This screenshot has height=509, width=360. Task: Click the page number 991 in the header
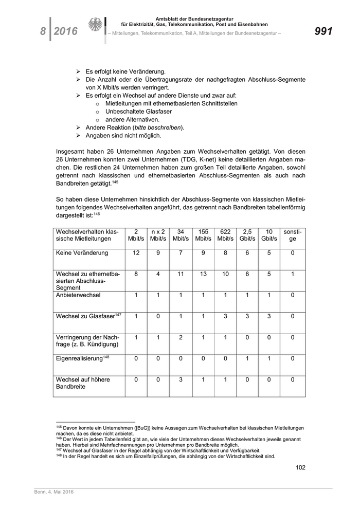pyautogui.click(x=323, y=31)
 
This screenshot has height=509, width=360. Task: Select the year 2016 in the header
pyautogui.click(x=66, y=32)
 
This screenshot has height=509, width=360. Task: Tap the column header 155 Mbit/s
pyautogui.click(x=203, y=235)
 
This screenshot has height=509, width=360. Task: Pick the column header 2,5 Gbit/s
pyautogui.click(x=247, y=235)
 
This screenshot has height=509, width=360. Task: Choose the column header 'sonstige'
pyautogui.click(x=292, y=235)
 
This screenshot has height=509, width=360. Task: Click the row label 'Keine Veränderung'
pyautogui.click(x=81, y=253)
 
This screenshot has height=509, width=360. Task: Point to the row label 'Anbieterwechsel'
pyautogui.click(x=78, y=296)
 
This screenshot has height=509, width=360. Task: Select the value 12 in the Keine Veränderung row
pyautogui.click(x=136, y=253)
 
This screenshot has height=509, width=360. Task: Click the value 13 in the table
pyautogui.click(x=203, y=274)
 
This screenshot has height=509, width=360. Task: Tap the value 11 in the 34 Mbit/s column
pyautogui.click(x=181, y=274)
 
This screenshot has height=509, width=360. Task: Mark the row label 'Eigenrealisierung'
pyautogui.click(x=80, y=358)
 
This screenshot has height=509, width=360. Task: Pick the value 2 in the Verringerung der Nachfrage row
pyautogui.click(x=181, y=337)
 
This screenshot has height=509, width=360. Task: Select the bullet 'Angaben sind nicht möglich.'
pyautogui.click(x=123, y=135)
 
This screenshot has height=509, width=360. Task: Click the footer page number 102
pyautogui.click(x=300, y=467)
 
